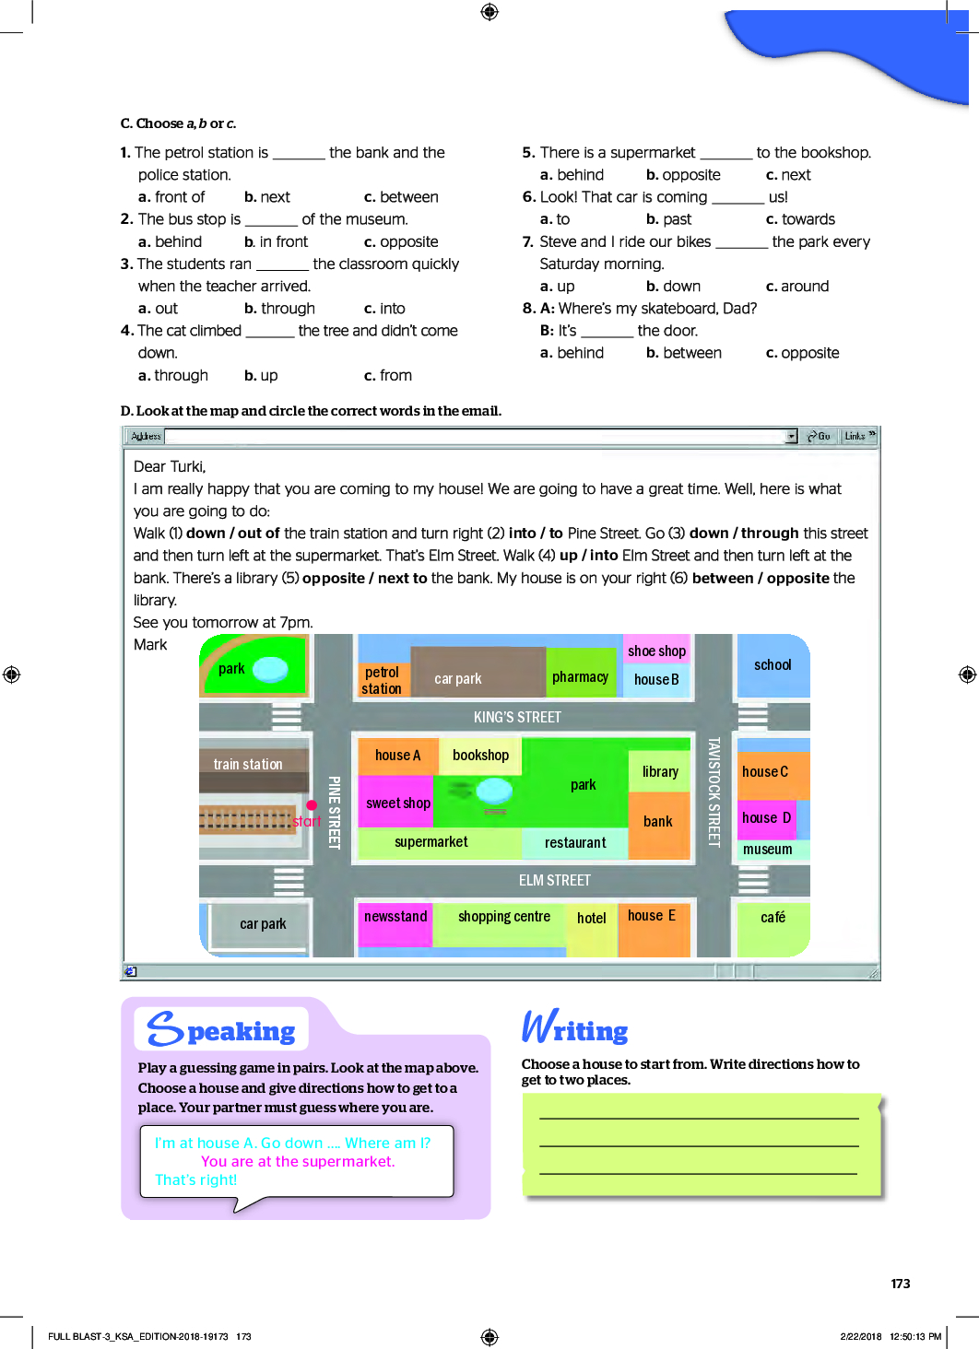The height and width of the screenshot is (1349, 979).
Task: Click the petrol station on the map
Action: [382, 680]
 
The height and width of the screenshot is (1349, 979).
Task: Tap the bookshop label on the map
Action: [480, 756]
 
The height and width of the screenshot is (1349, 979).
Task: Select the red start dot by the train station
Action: [312, 805]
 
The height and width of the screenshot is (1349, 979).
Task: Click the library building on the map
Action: [660, 772]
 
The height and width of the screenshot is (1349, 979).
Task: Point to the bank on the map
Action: [658, 822]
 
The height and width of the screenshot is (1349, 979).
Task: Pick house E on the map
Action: [652, 916]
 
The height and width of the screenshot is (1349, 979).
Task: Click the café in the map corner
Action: [773, 918]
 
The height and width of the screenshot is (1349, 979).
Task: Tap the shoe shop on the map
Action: [656, 651]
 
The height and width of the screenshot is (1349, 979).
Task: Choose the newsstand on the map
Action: [395, 917]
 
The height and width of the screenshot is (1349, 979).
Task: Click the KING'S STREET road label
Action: [517, 717]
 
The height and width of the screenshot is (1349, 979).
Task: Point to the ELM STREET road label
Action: [554, 881]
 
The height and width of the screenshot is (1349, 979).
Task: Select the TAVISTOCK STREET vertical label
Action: [714, 792]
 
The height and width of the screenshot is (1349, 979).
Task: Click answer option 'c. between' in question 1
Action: [401, 197]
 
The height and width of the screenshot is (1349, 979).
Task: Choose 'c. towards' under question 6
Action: [800, 219]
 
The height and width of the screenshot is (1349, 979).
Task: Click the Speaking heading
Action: [221, 1029]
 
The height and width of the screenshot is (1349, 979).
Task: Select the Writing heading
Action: [575, 1027]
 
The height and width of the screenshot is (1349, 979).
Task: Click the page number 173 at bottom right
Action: [901, 1284]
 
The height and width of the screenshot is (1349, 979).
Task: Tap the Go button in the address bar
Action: [819, 436]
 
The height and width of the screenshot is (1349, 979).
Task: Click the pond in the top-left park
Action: [270, 668]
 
